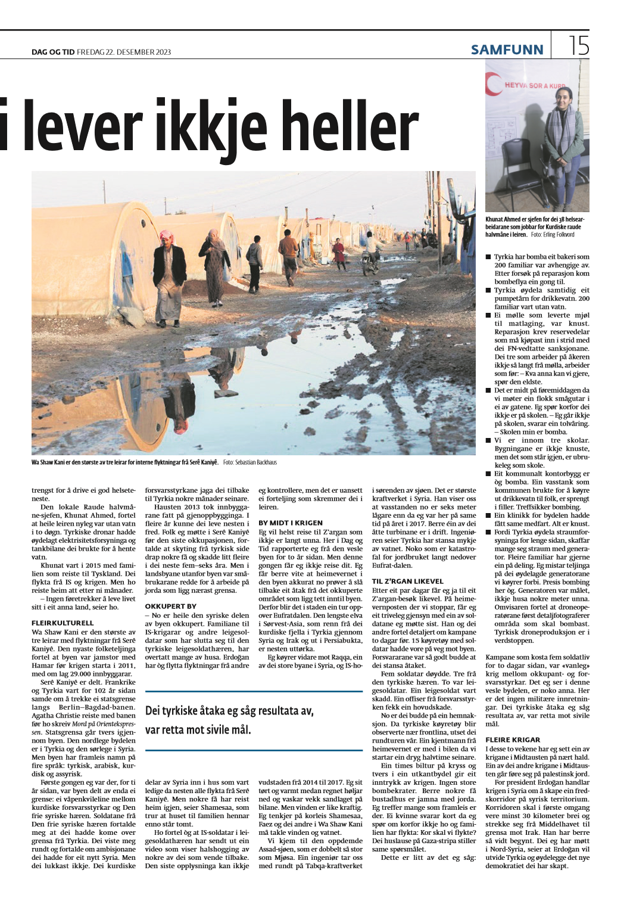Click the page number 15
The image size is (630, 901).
tap(579, 46)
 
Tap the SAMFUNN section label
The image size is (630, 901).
tap(507, 50)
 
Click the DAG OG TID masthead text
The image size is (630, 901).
tap(53, 52)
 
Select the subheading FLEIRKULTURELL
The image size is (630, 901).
tap(63, 623)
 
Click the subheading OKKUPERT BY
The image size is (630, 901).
tap(170, 606)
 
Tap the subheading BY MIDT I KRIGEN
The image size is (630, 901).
tap(291, 523)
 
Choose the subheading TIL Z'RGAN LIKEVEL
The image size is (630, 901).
tap(408, 581)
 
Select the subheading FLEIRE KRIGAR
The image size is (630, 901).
tap(513, 740)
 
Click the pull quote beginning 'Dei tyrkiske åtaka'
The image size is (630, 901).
tap(229, 720)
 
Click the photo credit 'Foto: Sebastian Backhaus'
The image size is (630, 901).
tap(250, 462)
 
